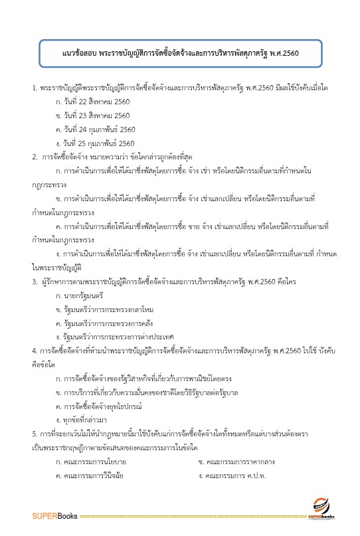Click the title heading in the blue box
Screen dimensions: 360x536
click(x=179, y=52)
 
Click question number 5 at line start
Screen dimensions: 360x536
click(x=35, y=433)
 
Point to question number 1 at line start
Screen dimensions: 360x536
click(x=35, y=88)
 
